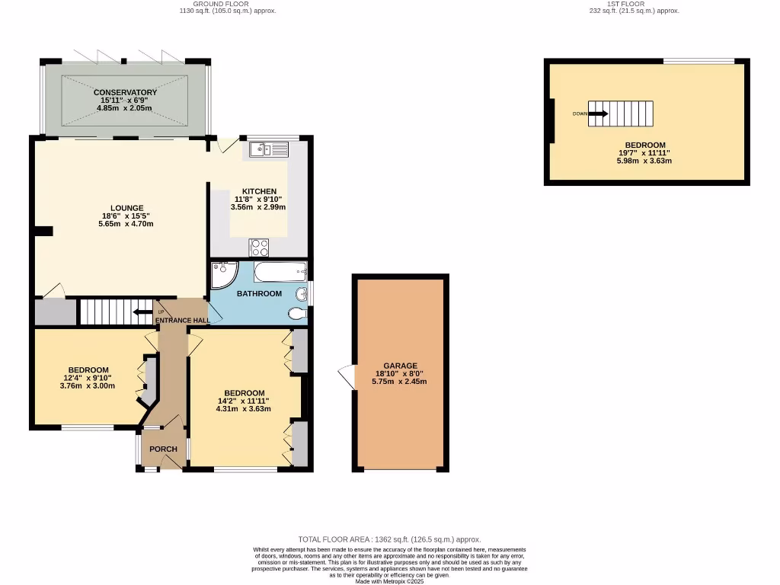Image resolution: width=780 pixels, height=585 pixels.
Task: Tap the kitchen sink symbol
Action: tap(267, 149)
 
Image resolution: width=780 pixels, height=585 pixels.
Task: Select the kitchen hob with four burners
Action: tap(259, 247)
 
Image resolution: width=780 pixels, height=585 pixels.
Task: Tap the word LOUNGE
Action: tap(127, 208)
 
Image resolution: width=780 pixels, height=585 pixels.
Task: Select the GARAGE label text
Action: tap(401, 366)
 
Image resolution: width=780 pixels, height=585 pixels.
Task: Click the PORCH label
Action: tap(163, 449)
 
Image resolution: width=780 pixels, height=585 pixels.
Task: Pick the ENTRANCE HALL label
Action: tap(183, 321)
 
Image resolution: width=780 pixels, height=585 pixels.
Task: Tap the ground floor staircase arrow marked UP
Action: tap(142, 312)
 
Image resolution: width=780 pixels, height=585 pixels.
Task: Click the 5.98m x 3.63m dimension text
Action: tap(645, 161)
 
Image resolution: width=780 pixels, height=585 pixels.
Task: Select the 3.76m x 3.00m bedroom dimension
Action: tap(87, 385)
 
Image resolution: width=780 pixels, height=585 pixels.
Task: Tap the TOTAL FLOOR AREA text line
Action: tap(389, 539)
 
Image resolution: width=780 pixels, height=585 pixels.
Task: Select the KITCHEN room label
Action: tap(259, 191)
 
